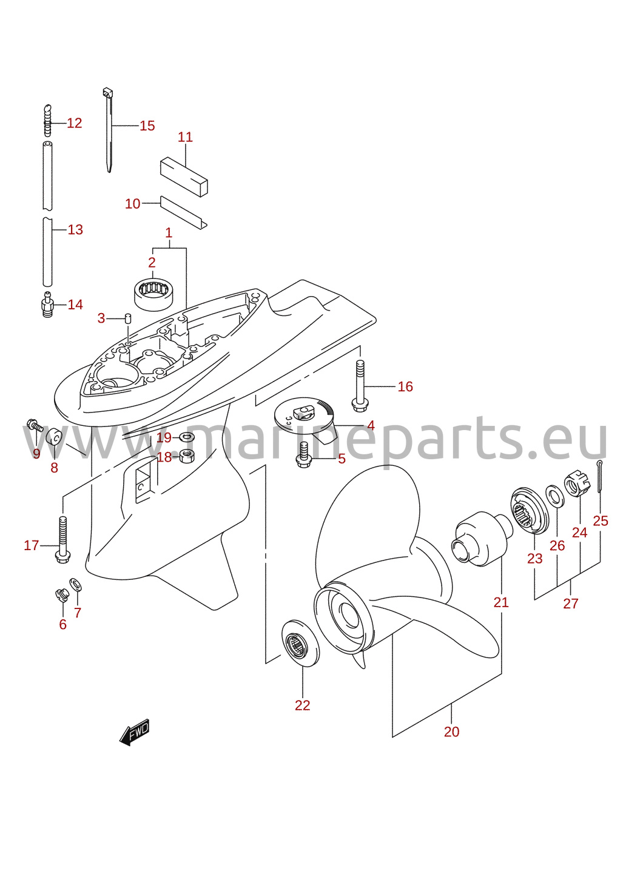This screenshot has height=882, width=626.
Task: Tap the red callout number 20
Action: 451,732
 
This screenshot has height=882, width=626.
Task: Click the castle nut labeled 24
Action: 577,483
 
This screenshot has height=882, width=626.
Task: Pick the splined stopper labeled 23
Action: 530,510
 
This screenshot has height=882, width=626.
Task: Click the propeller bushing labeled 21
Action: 482,539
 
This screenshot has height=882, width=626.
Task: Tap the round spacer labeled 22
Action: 301,644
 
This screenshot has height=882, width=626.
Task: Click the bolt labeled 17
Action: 63,539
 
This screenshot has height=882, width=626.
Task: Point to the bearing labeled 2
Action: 155,294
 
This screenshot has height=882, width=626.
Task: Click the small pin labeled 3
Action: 127,318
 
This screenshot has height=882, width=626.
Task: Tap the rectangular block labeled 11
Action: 183,177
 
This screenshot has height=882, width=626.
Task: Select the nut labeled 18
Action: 186,456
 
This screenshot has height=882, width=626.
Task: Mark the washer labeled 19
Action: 186,437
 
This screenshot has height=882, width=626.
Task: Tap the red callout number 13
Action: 75,229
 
